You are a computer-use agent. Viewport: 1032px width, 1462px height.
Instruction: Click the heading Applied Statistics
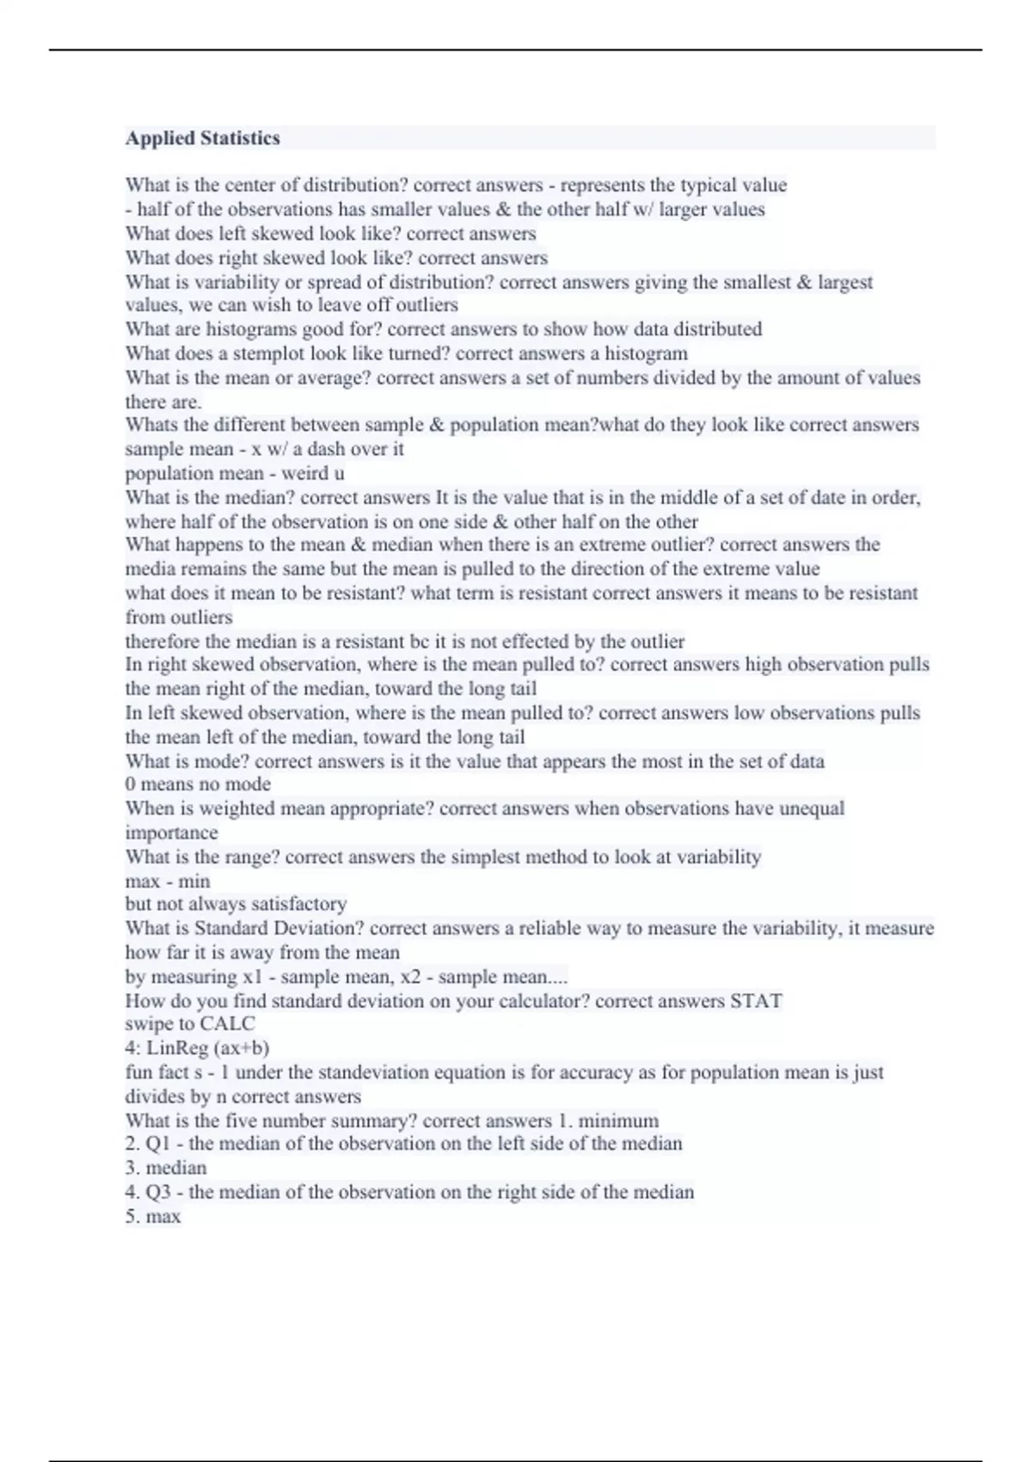tap(203, 138)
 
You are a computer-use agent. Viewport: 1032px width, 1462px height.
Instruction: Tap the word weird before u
tap(305, 473)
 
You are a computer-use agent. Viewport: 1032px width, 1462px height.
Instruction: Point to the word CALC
tap(227, 1023)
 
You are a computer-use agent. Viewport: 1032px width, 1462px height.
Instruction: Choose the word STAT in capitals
tap(756, 1001)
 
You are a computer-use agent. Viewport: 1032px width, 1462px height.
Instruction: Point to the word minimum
tap(618, 1121)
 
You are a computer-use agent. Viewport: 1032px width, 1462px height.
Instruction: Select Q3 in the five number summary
tap(158, 1192)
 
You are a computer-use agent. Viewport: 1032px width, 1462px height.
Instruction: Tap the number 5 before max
tap(131, 1216)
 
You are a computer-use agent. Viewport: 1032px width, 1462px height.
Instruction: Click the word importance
tap(171, 832)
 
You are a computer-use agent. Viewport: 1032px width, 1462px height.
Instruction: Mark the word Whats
tap(151, 425)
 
